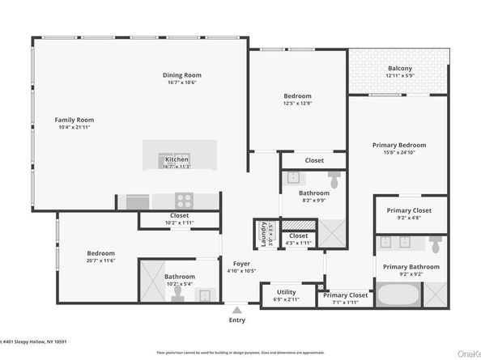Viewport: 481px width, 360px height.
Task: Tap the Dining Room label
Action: tap(182, 75)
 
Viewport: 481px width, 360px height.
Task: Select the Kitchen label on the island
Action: tap(177, 159)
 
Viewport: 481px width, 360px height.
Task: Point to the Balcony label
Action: tap(400, 68)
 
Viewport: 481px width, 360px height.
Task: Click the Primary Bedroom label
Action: tap(398, 145)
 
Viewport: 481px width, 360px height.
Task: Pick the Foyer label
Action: tap(241, 264)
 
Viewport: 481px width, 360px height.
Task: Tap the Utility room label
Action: tap(286, 291)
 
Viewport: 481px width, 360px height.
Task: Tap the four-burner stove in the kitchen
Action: tap(185, 201)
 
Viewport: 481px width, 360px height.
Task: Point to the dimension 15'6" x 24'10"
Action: tap(398, 152)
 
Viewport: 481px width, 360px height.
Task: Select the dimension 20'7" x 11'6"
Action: tap(101, 260)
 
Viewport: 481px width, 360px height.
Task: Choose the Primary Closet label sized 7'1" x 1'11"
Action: tap(346, 295)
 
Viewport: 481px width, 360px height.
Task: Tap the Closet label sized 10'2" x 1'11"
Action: tap(180, 216)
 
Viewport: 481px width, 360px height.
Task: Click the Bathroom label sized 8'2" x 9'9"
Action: tap(313, 193)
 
